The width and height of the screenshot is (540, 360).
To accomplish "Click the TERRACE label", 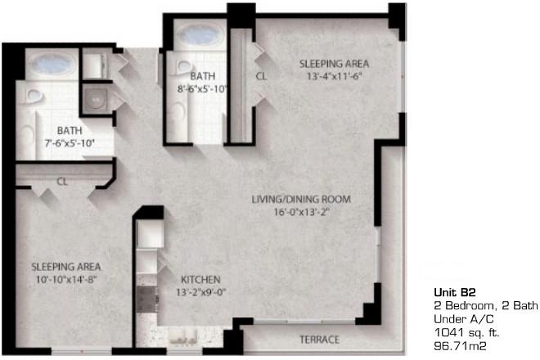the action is point(320,340).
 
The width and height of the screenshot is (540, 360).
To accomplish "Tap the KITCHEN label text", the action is point(200,279).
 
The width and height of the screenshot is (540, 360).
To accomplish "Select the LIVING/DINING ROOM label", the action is point(301,199).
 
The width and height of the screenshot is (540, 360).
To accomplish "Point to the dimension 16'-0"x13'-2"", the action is point(302,212).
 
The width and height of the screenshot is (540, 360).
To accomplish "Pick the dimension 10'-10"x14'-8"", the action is point(65,280).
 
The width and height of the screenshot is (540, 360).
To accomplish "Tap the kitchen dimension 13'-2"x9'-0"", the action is point(200,292).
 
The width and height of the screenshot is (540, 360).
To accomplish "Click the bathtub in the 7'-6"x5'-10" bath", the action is point(52,64).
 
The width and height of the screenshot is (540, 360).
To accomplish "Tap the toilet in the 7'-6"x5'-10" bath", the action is point(34,96).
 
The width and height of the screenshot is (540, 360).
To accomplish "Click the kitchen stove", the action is point(146,299).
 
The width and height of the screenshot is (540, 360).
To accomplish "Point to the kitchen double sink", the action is point(182,337).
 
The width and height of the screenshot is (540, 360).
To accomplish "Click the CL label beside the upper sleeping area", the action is point(261,76).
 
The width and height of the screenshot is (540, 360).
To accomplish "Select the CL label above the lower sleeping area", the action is point(62,182).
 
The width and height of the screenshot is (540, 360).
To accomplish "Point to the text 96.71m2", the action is point(461,346).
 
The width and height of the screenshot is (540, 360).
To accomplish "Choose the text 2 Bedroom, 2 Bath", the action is point(485,306).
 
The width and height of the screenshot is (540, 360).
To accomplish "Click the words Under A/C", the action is point(464,319).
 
